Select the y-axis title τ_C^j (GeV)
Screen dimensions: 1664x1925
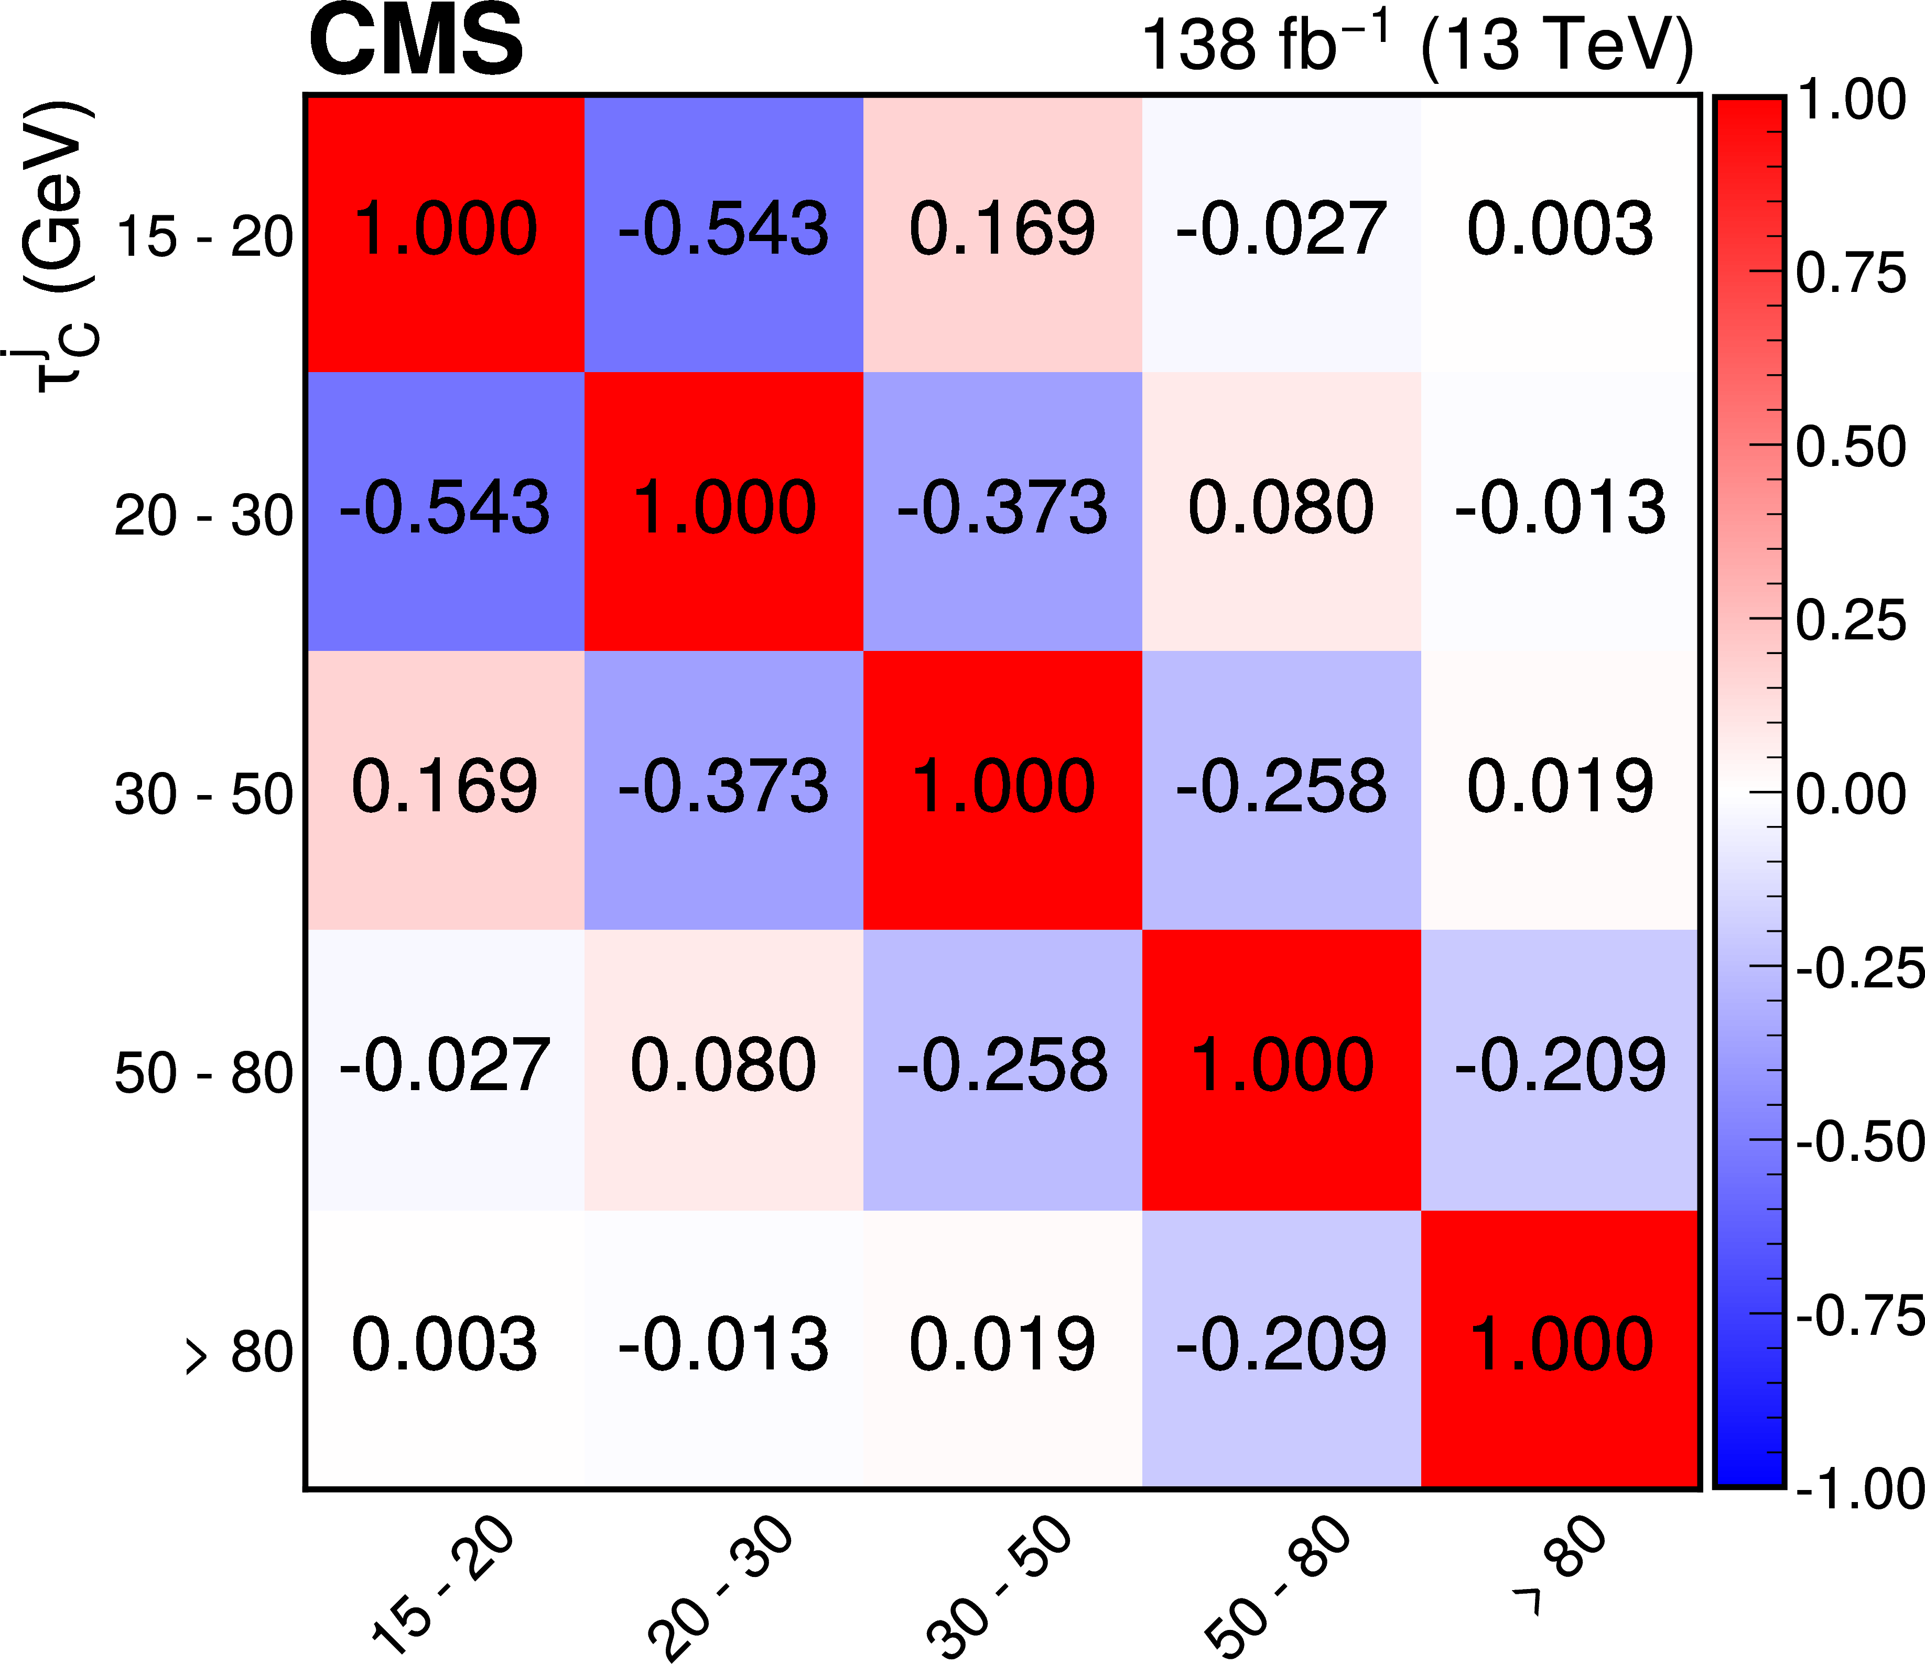[x=58, y=246]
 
